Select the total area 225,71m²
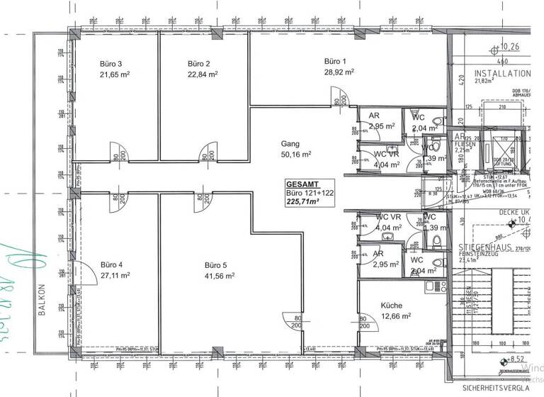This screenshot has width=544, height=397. pyautogui.click(x=302, y=201)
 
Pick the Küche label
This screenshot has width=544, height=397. pyautogui.click(x=373, y=306)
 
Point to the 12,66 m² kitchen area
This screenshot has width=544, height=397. pyautogui.click(x=378, y=316)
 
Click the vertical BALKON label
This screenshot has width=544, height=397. pyautogui.click(x=42, y=303)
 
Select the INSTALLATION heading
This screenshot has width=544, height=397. pyautogui.click(x=502, y=73)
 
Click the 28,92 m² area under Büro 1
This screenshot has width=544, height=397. pyautogui.click(x=339, y=72)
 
